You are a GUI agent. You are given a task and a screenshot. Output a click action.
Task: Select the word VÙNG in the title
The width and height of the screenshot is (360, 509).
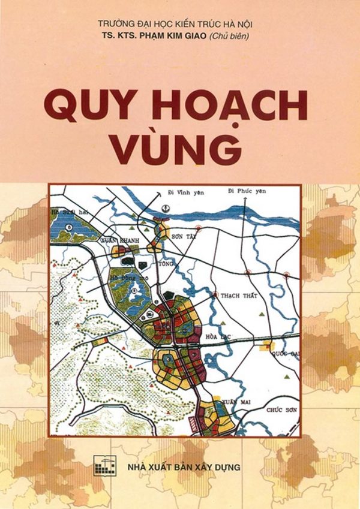tap(176, 149)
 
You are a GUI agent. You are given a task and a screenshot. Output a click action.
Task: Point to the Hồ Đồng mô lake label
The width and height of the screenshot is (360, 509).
tap(127, 279)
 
